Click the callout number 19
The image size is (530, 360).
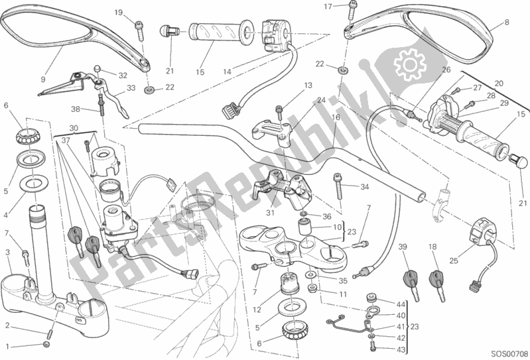(x=119, y=13)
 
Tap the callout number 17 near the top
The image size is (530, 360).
(x=327, y=7)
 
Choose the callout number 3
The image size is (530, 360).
(x=7, y=253)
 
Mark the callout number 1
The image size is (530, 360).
(x=8, y=346)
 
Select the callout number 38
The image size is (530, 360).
(x=77, y=109)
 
